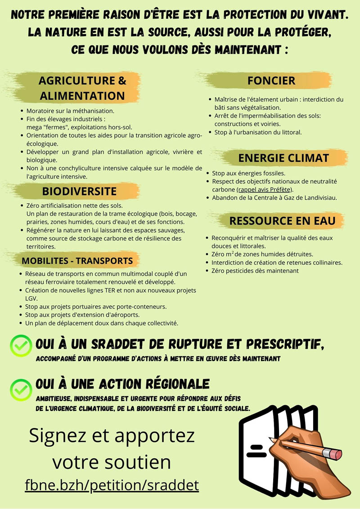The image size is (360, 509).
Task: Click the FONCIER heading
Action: (x=271, y=81)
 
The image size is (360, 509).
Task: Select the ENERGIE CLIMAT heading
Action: (x=283, y=158)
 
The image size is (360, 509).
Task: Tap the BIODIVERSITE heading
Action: (x=79, y=191)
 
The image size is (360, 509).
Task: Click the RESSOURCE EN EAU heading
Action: (x=282, y=221)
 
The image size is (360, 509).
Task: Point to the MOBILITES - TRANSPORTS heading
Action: (x=77, y=261)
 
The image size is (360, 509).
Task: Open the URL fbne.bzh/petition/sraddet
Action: (x=112, y=485)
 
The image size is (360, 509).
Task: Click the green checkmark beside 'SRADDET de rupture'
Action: (x=21, y=345)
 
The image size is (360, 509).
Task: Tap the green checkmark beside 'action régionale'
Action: (x=21, y=389)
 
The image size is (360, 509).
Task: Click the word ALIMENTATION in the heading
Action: (x=82, y=96)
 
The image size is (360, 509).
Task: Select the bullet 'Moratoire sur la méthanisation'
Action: (x=70, y=111)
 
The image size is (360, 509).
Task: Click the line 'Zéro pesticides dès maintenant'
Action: (x=255, y=271)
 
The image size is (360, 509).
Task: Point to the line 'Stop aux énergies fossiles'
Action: (x=249, y=173)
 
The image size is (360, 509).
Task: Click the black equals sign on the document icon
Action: (x=256, y=451)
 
